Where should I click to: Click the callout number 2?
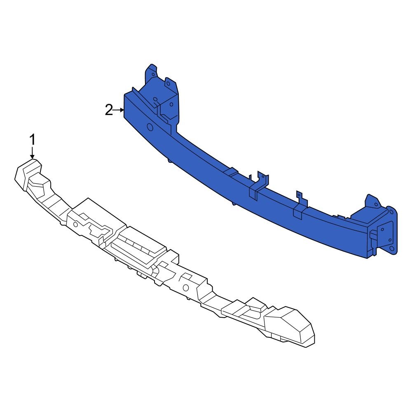coord(109,110)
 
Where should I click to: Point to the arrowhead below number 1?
coord(32,156)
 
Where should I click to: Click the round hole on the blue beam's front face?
coord(150,127)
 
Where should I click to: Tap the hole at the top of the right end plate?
coord(389,213)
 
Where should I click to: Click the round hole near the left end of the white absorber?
coord(76,225)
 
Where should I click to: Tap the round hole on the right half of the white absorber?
coord(185,287)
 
